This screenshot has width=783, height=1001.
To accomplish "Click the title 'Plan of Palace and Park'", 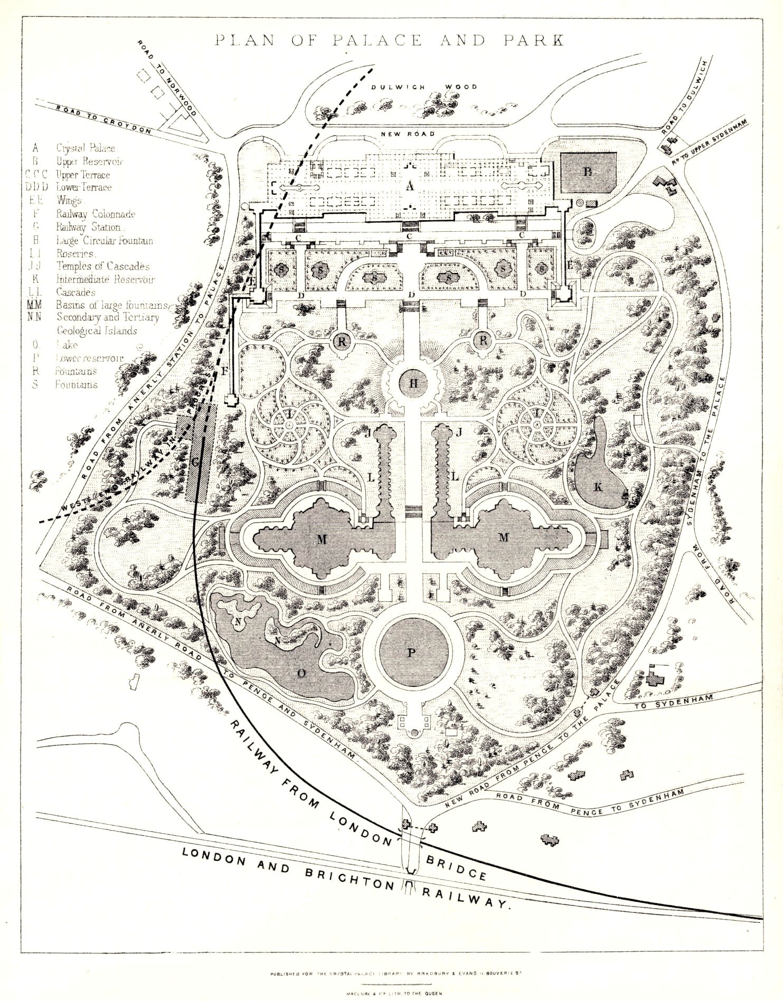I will coord(389,41).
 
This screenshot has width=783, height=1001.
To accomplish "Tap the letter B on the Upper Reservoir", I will coord(588,172).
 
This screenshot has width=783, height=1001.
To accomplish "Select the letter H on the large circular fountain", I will coord(413,384).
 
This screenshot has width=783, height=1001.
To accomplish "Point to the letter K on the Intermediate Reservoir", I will coord(598,487).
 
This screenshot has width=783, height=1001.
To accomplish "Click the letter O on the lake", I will coord(302,673).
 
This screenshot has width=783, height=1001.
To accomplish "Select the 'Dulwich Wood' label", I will coord(423,87).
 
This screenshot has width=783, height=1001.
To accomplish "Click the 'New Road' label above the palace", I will coord(407,134).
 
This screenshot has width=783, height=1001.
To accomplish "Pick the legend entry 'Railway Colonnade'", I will coord(96,214).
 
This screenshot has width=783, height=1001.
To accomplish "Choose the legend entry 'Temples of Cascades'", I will coord(103,266).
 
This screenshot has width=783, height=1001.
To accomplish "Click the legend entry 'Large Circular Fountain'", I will coord(105,240).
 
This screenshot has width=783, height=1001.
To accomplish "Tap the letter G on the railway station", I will coord(195,462).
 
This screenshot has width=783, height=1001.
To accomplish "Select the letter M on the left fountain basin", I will coord(322,539).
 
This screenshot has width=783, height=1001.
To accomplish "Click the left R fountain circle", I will coord(342,342).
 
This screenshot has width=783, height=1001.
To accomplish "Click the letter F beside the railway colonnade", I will coord(224,371).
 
